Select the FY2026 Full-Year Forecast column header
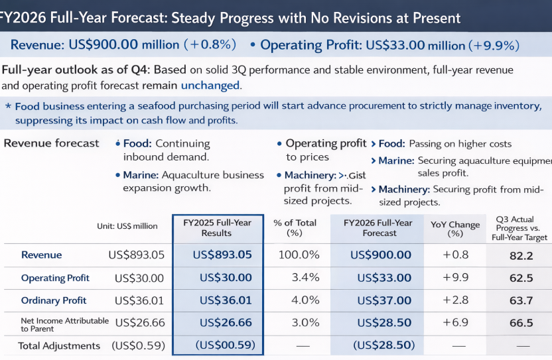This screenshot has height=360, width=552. click(x=378, y=227)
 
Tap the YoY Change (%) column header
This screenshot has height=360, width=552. click(x=454, y=229)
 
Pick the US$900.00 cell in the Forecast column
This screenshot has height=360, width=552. click(x=380, y=255)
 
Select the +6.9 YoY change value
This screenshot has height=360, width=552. click(x=455, y=323)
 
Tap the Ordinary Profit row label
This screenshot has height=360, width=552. click(x=54, y=300)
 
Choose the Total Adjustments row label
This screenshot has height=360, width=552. click(x=59, y=345)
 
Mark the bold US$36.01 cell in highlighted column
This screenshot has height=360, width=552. click(x=222, y=300)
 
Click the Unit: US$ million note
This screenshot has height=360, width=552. click(x=127, y=226)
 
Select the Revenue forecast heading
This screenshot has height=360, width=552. click(x=51, y=143)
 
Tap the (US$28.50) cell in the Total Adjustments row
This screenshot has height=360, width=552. click(x=384, y=345)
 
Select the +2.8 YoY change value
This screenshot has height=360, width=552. click(x=455, y=300)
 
